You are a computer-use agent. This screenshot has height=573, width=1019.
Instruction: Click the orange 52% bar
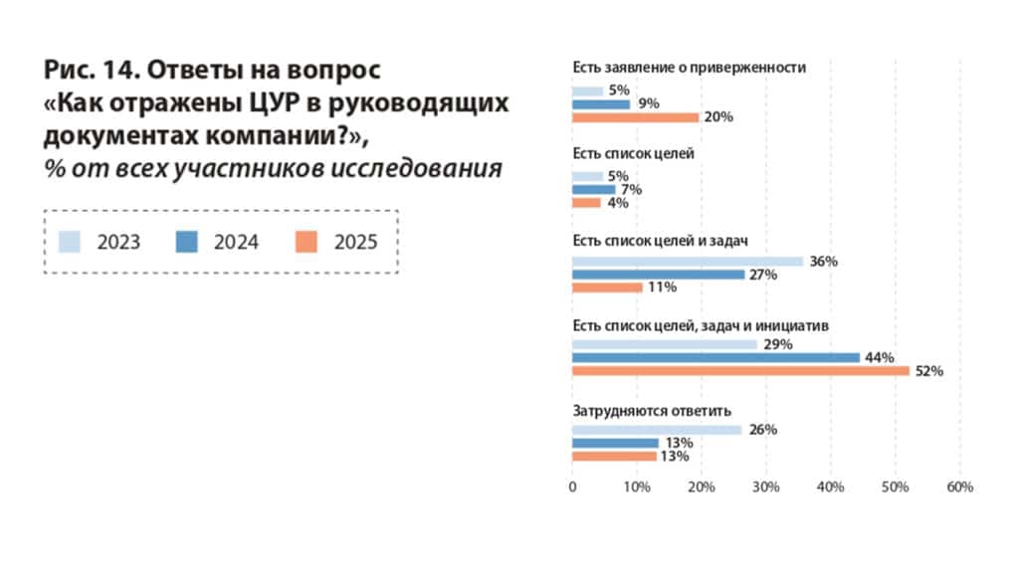[x=740, y=371]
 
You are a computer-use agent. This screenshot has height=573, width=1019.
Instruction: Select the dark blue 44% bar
[x=715, y=358]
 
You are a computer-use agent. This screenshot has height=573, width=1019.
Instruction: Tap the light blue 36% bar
[x=688, y=262]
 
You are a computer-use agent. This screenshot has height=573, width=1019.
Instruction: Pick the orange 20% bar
[x=635, y=117]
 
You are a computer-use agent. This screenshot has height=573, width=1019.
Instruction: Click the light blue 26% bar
[x=657, y=430]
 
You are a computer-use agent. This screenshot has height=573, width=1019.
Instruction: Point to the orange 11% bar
[x=607, y=287]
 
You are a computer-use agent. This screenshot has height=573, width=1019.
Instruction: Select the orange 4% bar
[x=586, y=203]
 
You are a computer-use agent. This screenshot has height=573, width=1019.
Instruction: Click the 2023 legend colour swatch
[x=70, y=241]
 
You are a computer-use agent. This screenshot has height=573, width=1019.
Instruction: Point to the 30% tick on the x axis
[x=765, y=487]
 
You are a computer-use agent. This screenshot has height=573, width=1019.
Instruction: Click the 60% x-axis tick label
[x=959, y=487]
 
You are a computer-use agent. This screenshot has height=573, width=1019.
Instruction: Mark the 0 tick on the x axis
[x=572, y=487]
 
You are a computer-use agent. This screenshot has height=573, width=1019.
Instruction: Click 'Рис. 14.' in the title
[x=93, y=71]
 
